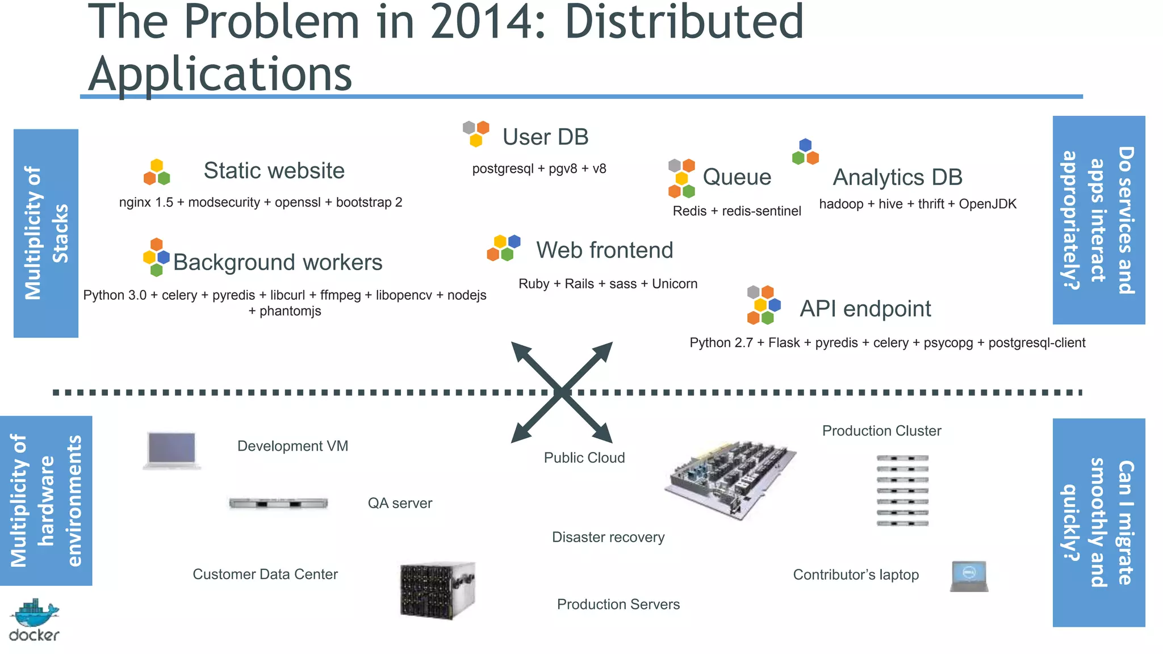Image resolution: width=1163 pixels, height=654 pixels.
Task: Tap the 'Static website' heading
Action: [274, 170]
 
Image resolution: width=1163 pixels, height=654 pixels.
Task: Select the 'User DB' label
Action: [545, 137]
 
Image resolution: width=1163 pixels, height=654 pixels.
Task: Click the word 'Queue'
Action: [737, 177]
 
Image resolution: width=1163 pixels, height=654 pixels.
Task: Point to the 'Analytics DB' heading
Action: [897, 177]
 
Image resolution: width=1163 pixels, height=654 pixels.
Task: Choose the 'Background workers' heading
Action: [278, 262]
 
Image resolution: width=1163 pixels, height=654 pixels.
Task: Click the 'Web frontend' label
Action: [604, 250]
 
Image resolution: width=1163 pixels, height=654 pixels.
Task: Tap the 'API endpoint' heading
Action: [865, 309]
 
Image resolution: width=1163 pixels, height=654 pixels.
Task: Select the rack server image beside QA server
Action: [278, 503]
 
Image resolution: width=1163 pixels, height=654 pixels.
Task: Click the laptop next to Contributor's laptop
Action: [969, 576]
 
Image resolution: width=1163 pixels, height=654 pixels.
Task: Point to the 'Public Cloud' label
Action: [584, 458]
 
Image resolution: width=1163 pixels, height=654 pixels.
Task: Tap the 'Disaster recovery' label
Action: [608, 537]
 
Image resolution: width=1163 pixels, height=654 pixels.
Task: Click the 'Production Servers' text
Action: [618, 604]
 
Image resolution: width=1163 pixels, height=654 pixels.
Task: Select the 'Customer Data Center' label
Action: [265, 574]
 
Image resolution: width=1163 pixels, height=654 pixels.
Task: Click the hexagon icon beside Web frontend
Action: [503, 248]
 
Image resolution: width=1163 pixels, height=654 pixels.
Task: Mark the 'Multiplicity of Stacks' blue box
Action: [46, 233]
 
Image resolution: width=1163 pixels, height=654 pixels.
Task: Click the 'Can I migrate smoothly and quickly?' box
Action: [1098, 522]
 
